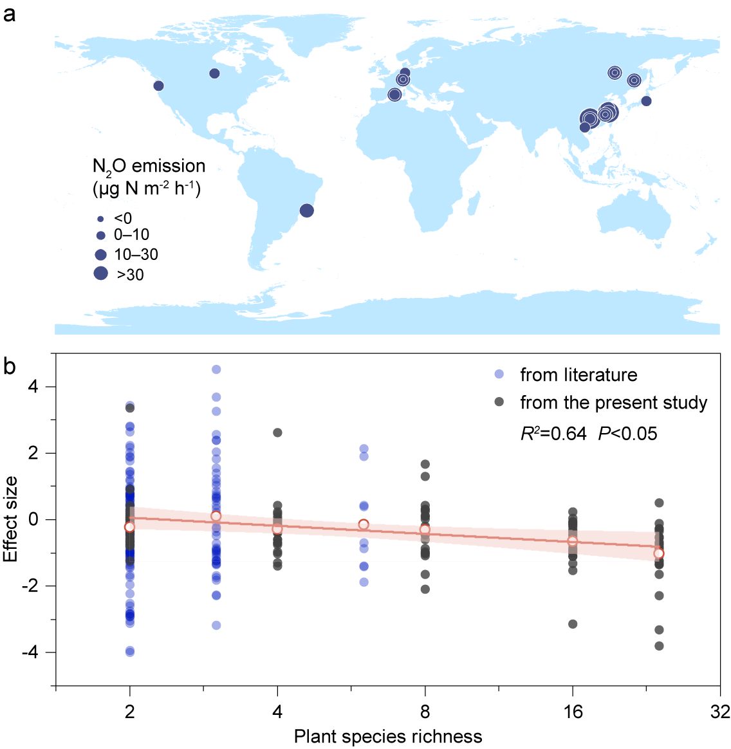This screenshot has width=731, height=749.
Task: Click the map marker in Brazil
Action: (307, 210)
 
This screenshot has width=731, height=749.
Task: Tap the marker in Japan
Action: (646, 101)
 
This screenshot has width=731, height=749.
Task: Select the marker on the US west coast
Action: (158, 86)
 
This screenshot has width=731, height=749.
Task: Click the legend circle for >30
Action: (100, 273)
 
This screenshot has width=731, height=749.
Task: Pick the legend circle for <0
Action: (100, 219)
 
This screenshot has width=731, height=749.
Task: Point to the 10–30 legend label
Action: (136, 254)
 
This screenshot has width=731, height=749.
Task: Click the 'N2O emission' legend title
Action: (149, 166)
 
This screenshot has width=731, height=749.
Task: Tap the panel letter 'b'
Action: (9, 366)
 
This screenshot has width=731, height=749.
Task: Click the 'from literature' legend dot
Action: (499, 374)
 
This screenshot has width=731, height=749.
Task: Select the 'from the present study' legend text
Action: (613, 403)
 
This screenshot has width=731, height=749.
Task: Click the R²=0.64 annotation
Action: (553, 434)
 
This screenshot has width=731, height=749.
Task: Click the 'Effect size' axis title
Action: (10, 519)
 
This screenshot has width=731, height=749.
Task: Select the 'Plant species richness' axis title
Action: (388, 736)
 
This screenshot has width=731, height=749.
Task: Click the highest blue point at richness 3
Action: (216, 369)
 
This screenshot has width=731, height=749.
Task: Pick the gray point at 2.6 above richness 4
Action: (277, 432)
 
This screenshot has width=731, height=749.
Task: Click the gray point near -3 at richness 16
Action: (573, 624)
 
